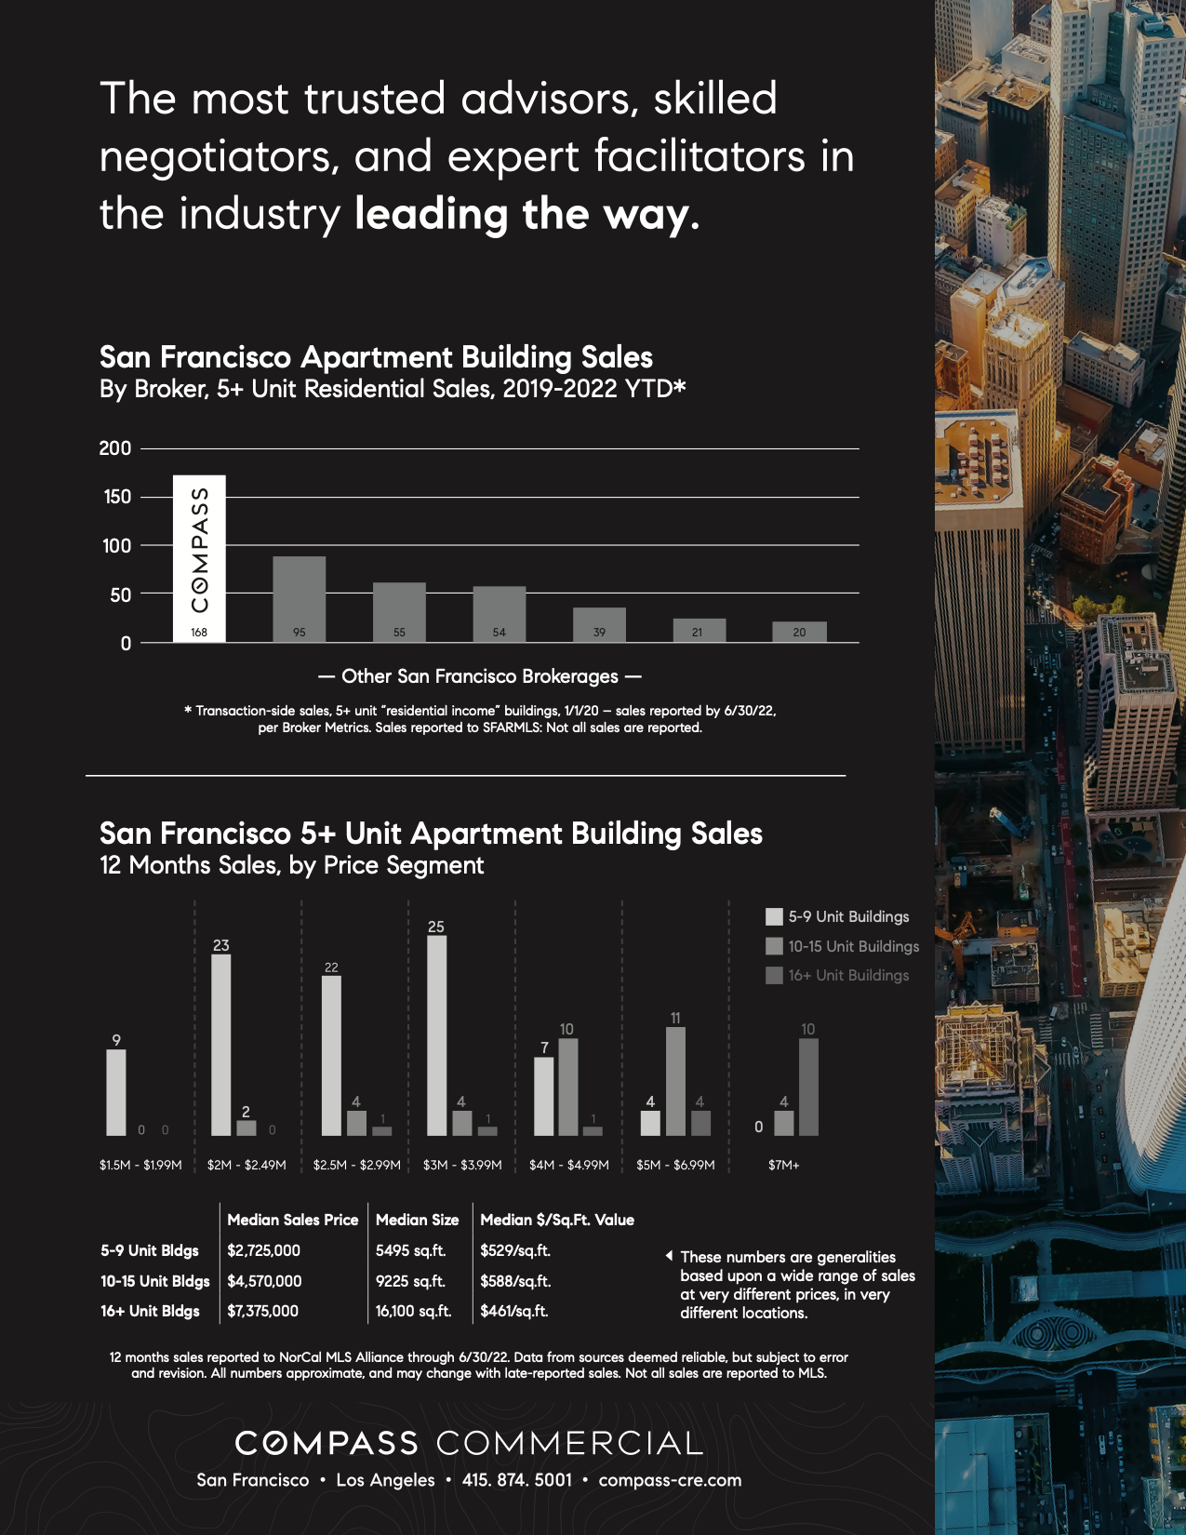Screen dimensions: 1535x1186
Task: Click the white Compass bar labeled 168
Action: [199, 558]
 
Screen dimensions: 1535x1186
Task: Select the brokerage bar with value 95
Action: [299, 599]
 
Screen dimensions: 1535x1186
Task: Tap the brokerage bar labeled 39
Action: [599, 624]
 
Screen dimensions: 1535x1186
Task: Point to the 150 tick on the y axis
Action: [117, 497]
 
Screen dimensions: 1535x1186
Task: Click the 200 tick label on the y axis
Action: [115, 448]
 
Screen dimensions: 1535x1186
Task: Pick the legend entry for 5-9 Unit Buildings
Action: [838, 917]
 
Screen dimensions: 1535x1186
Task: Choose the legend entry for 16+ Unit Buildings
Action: [838, 976]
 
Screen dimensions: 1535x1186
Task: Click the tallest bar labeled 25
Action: [436, 1034]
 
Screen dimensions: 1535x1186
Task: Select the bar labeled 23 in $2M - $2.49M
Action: [220, 1044]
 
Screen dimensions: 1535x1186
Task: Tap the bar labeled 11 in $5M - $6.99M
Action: [675, 1080]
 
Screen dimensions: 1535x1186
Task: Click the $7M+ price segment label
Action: [783, 1165]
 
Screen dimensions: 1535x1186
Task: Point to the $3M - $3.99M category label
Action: [462, 1165]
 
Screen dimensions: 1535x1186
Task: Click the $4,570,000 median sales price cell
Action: [264, 1281]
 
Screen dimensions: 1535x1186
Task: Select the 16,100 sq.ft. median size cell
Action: [413, 1311]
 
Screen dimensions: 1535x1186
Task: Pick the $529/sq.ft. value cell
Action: [515, 1250]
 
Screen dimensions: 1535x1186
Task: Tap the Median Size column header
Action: [417, 1220]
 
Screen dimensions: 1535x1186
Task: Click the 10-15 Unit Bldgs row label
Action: [154, 1281]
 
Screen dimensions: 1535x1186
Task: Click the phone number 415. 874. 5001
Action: [517, 1480]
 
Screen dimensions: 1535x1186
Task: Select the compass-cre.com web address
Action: [670, 1480]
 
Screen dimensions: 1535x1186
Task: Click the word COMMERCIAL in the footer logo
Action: [569, 1443]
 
